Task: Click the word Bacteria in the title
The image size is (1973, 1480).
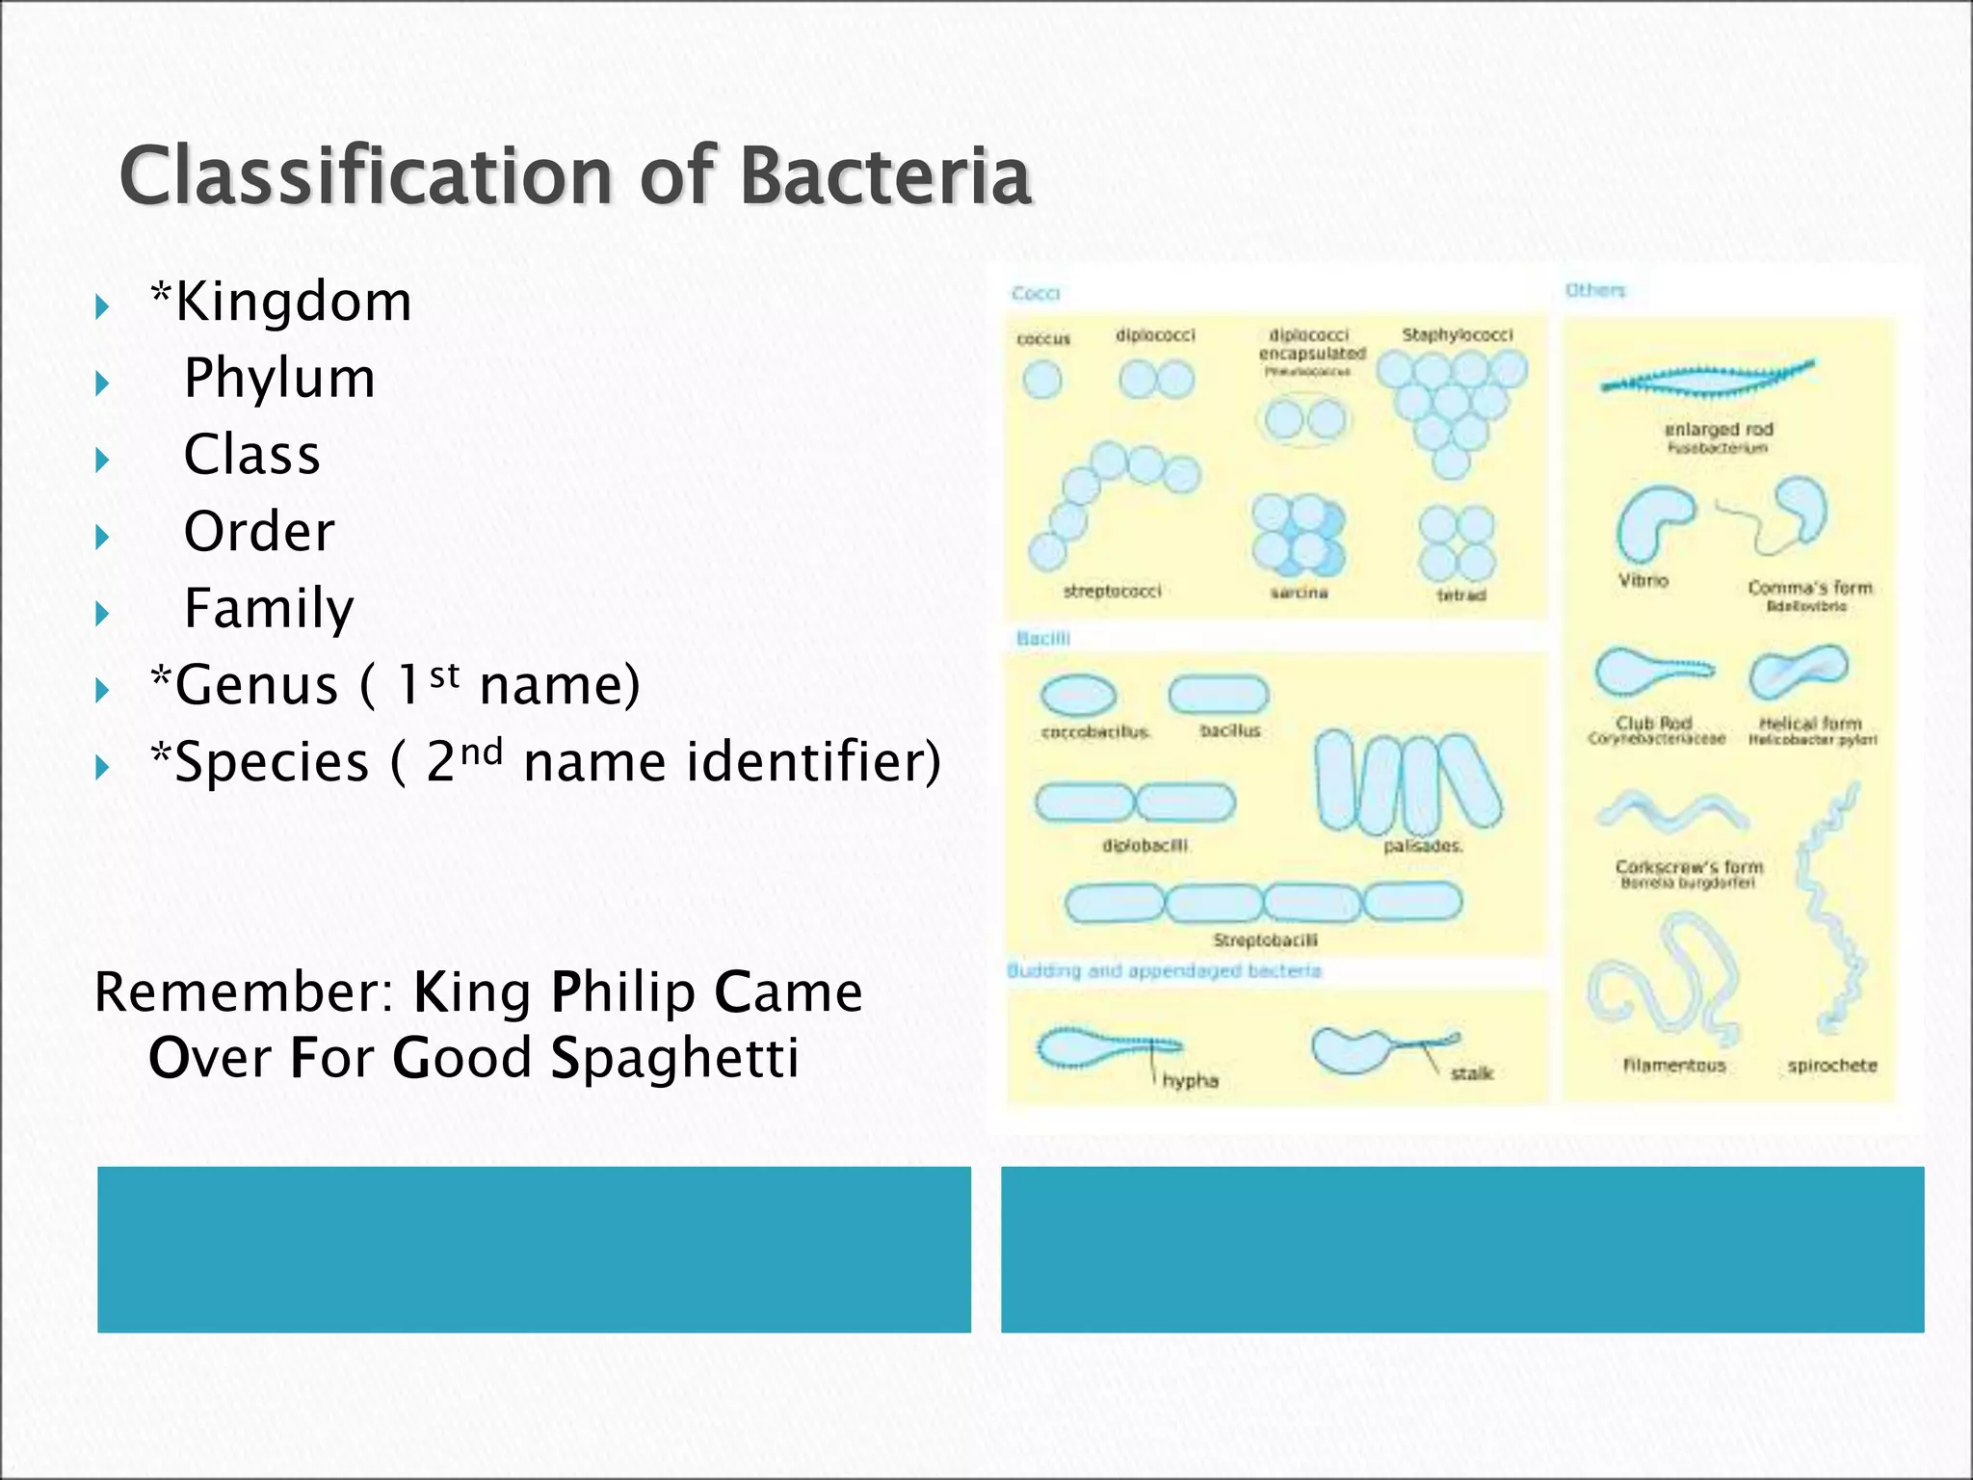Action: [x=885, y=176]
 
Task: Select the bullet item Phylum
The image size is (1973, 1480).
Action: [x=279, y=378]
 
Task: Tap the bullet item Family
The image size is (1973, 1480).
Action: [x=269, y=608]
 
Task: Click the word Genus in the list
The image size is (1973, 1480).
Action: [x=255, y=685]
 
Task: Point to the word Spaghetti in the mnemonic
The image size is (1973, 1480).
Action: [x=673, y=1058]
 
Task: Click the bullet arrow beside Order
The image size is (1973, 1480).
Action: [x=103, y=537]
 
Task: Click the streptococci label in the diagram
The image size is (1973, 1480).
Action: [x=1112, y=591]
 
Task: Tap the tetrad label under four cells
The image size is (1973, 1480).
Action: [x=1460, y=595]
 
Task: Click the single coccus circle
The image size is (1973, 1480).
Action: [x=1041, y=380]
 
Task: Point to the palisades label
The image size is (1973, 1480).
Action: [x=1423, y=846]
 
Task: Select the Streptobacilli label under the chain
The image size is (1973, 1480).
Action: [x=1265, y=939]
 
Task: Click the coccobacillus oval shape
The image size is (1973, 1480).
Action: [x=1078, y=695]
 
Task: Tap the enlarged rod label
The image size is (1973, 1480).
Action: [x=1718, y=430]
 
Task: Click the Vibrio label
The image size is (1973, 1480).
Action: [x=1643, y=581]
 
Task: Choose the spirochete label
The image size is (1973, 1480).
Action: [x=1831, y=1066]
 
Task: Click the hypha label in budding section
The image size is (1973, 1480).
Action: [x=1190, y=1081]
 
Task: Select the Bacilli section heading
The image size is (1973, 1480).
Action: [x=1042, y=638]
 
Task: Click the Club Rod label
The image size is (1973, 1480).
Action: [x=1653, y=723]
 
